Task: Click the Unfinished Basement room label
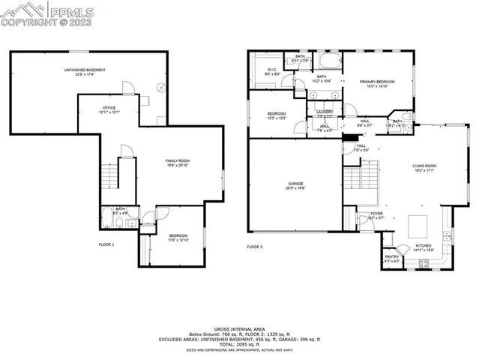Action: (x=84, y=70)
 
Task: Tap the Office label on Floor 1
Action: (x=109, y=108)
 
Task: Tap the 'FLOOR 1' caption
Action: (x=106, y=244)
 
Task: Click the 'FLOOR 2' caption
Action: (x=256, y=245)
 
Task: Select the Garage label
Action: (x=295, y=184)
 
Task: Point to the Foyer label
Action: (x=376, y=214)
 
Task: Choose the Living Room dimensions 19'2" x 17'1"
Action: (x=424, y=171)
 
